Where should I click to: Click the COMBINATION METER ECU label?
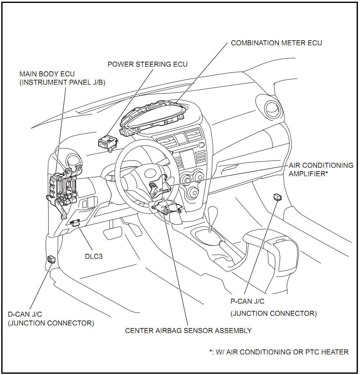[277, 43]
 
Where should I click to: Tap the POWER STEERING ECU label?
[147, 64]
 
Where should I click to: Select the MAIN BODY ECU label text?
[47, 74]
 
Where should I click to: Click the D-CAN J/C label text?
[25, 314]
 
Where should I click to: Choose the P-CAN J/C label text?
[248, 301]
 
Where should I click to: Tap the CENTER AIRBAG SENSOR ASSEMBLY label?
[188, 331]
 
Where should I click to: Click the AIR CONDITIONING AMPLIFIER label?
[321, 169]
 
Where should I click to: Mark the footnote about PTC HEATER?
[279, 352]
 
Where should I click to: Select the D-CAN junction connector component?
[52, 259]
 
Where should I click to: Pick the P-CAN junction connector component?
[277, 196]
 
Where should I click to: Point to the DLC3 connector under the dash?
[76, 223]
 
